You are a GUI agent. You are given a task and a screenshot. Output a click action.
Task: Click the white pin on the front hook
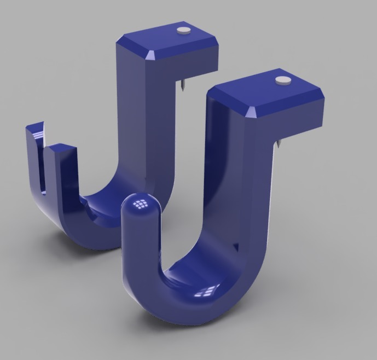tap(282, 80)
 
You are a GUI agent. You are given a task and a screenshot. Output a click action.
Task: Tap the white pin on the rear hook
tap(183, 31)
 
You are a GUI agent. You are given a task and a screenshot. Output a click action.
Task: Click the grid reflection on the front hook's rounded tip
tap(142, 204)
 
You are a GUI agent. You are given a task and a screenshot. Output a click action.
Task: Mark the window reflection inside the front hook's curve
tap(206, 291)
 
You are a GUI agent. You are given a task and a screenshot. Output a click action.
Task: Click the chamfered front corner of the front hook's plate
tap(252, 113)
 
